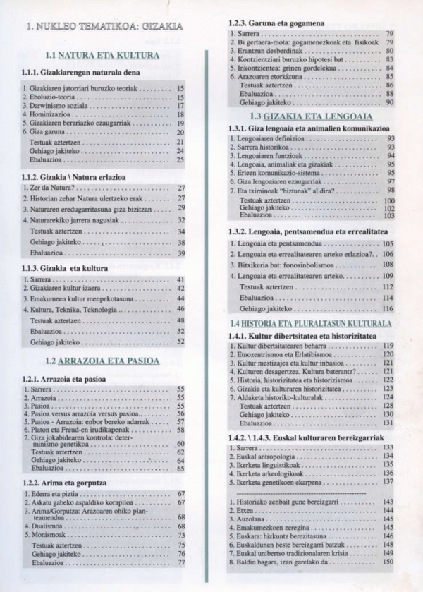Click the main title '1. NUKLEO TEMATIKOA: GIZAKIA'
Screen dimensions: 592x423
(x=104, y=26)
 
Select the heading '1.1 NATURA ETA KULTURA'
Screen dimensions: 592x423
(x=102, y=54)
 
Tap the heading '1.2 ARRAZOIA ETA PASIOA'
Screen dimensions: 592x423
(x=102, y=361)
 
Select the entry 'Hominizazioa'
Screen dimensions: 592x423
(x=49, y=114)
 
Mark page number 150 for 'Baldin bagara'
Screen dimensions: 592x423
(x=388, y=562)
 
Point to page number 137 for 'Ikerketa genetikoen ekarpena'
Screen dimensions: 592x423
(x=388, y=482)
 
